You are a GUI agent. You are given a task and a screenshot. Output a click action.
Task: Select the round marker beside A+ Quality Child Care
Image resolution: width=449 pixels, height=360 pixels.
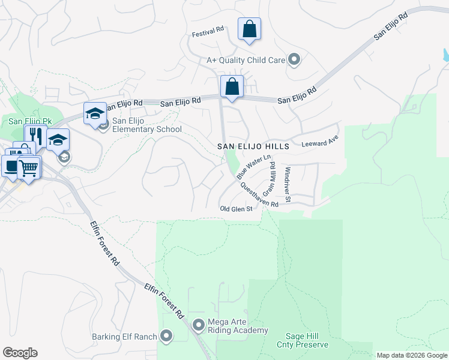294,59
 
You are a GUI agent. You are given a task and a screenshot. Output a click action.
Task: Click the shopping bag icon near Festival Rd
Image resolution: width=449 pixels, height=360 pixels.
249,29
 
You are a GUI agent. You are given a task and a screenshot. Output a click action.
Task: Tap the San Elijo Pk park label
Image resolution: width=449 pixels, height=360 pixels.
31,121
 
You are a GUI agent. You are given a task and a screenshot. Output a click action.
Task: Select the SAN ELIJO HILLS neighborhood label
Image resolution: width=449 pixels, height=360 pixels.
253,146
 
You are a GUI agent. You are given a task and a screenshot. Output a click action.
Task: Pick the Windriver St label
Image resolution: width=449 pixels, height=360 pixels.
288,184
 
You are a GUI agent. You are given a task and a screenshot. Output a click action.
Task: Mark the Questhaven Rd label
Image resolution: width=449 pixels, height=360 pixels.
259,196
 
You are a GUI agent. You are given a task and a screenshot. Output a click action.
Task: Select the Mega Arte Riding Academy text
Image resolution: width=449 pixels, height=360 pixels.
238,326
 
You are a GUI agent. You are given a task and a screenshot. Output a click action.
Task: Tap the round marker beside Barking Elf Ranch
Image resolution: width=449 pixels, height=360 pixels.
166,336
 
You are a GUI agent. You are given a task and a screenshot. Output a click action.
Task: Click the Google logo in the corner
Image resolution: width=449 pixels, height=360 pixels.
20,353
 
